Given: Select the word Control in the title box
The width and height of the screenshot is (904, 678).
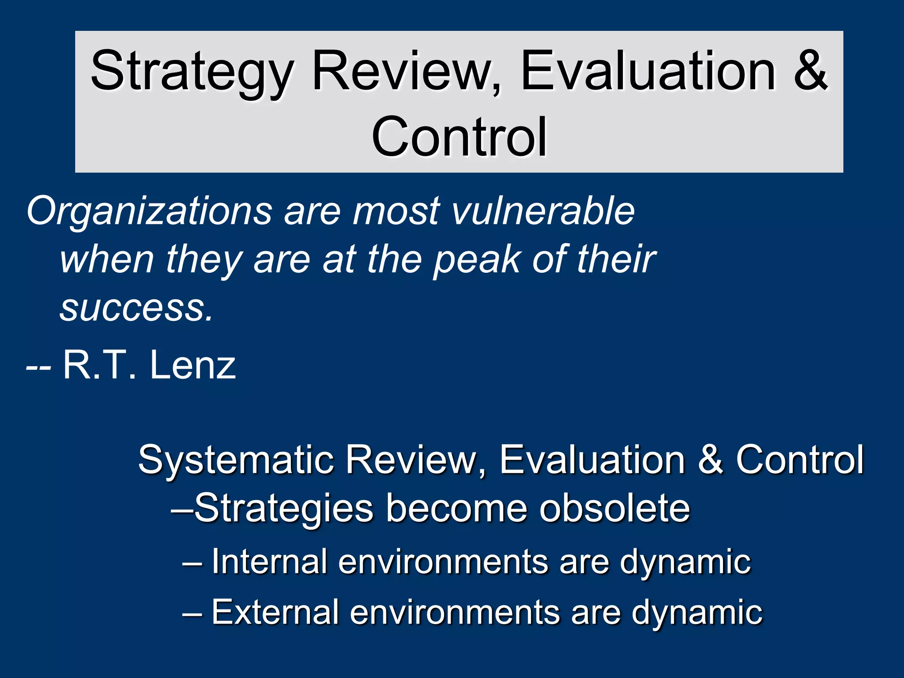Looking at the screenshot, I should click(459, 137).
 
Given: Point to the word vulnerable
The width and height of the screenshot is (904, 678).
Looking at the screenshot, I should click(543, 211).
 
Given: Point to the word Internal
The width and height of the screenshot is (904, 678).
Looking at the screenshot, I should click(269, 561).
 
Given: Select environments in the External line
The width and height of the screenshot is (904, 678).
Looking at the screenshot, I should click(455, 613).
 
